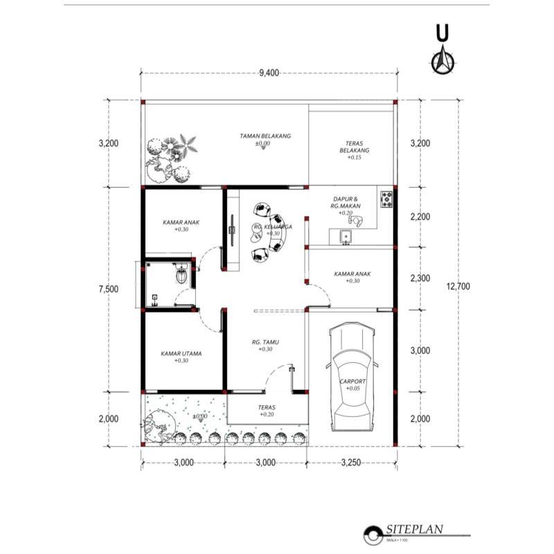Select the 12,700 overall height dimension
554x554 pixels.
coord(458,285)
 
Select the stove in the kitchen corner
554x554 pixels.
coord(386,199)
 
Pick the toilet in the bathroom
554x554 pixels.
coord(182,276)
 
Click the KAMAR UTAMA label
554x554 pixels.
coord(181,354)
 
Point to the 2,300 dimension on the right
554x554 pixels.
coord(420,278)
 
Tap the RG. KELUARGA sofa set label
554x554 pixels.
coord(272,227)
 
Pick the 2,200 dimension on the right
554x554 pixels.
coord(420,217)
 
